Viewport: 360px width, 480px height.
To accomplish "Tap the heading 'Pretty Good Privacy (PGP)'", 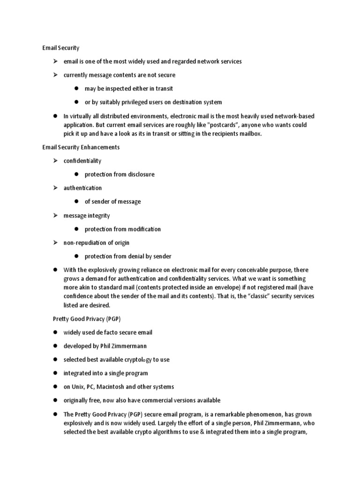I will (86, 319).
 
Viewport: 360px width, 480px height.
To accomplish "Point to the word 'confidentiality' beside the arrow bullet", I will (82, 161).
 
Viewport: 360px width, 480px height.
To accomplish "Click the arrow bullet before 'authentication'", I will (54, 188).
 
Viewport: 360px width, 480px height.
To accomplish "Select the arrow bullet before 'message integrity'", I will (54, 216).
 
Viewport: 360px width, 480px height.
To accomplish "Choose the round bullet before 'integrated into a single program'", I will (54, 373).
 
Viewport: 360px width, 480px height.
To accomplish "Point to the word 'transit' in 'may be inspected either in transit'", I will (164, 89).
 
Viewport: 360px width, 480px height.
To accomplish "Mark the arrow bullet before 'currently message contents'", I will (54, 75).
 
